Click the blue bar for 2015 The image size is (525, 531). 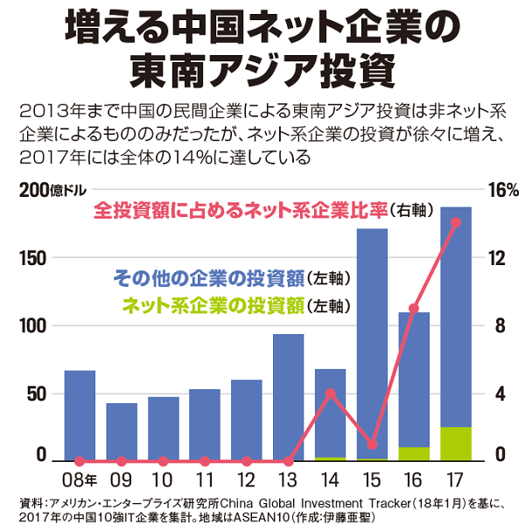[x=373, y=341]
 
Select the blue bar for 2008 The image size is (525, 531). [x=80, y=415]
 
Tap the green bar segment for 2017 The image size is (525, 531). [x=456, y=444]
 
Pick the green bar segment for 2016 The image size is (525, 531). [x=414, y=453]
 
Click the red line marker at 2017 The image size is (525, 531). [x=456, y=222]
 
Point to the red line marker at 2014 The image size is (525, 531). [x=331, y=394]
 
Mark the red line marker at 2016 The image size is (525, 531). [x=414, y=309]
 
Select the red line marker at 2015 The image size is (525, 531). [x=373, y=445]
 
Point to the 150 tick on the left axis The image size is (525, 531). [x=30, y=258]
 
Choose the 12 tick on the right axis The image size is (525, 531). [x=499, y=258]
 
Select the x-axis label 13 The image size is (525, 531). [x=289, y=480]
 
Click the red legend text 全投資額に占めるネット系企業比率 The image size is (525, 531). [x=241, y=211]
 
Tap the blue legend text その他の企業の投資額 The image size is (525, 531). [x=208, y=278]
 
